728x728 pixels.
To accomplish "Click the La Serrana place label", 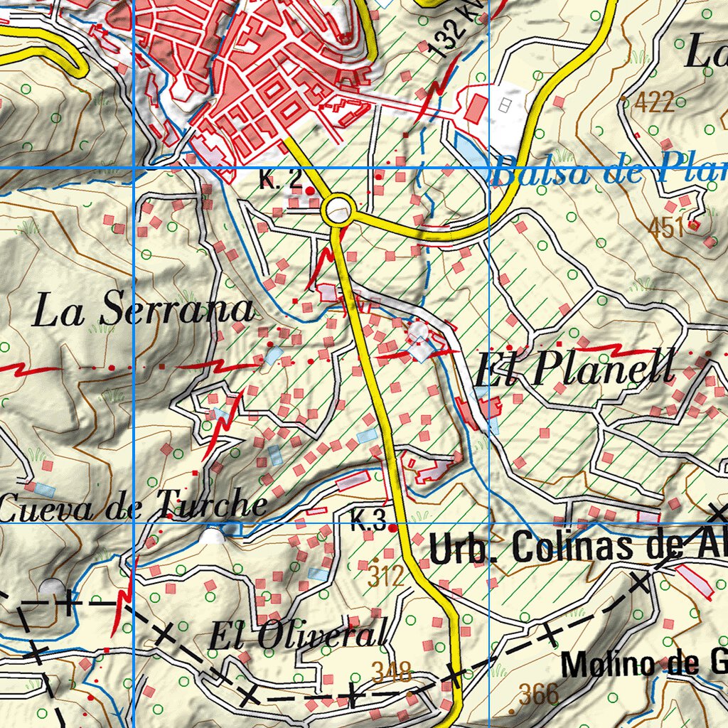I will coord(143,311).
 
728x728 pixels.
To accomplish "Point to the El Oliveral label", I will coord(299,634).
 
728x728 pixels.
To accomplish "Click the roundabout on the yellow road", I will coord(338,210).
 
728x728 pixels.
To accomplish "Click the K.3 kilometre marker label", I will coord(368,525).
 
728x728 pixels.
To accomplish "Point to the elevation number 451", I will coord(665,228).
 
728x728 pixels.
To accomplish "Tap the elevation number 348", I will coord(391,670).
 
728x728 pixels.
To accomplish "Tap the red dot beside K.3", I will coord(393,527).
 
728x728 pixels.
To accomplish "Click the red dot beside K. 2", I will coord(309,191).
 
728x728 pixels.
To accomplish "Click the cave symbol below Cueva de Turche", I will coord(211,536).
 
